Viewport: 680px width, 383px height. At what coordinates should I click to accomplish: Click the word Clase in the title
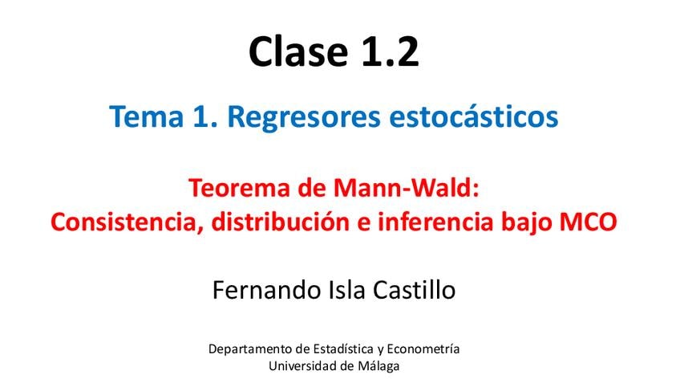coord(298,51)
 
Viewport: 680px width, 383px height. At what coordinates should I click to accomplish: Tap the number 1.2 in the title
coord(390,51)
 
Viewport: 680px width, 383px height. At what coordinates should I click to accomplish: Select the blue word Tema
coord(147,116)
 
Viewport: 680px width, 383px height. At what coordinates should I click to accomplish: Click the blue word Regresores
coord(304,117)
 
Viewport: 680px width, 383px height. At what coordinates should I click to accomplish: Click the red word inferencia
coord(436,222)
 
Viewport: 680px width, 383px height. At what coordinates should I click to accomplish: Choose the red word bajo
coord(527,222)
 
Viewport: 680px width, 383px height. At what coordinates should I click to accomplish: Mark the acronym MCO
coord(589,222)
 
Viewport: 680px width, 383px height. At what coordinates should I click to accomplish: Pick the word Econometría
coord(423,348)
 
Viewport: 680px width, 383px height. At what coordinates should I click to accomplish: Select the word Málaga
coord(378,366)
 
